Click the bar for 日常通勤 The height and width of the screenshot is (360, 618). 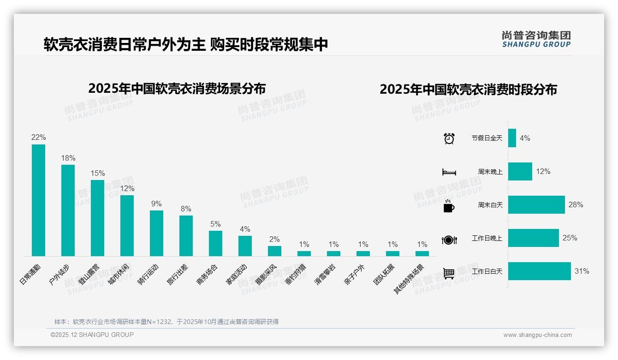click(x=38, y=200)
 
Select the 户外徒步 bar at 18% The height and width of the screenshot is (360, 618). click(x=68, y=210)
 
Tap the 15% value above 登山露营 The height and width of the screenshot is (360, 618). click(x=98, y=174)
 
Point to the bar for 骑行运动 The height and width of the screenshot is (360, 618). click(x=156, y=233)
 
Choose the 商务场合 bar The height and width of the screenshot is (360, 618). click(x=215, y=243)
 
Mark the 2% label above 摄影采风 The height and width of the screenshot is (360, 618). click(x=274, y=239)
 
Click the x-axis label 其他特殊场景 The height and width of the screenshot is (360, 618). click(x=410, y=279)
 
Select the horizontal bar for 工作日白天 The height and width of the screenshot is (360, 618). click(x=539, y=271)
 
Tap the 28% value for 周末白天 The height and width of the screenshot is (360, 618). click(x=576, y=205)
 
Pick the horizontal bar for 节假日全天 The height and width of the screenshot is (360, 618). click(x=512, y=138)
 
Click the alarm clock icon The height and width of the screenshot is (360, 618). click(x=449, y=138)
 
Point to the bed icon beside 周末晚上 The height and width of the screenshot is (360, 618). click(x=449, y=172)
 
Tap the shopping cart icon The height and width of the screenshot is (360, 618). click(x=449, y=273)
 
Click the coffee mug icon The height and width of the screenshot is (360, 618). click(x=449, y=206)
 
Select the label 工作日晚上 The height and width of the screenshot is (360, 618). click(x=487, y=239)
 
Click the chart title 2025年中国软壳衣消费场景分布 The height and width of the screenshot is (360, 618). click(x=177, y=88)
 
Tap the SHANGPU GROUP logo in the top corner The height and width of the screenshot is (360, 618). click(x=536, y=39)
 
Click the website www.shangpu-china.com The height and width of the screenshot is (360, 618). click(x=537, y=335)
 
